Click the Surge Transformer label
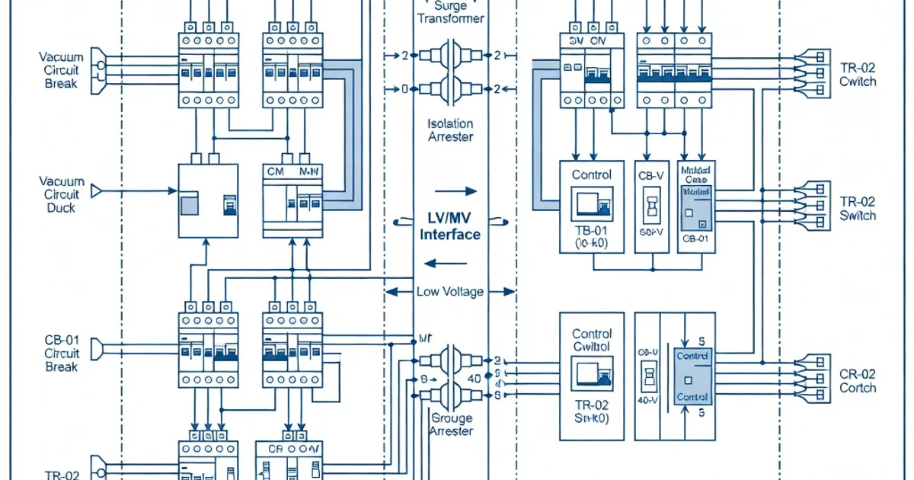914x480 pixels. tap(450, 12)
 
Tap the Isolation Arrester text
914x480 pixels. tap(450, 130)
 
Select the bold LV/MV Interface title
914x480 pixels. tap(450, 227)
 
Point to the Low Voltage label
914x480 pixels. tap(450, 292)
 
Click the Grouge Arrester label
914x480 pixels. tap(452, 424)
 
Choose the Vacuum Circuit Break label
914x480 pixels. tap(61, 71)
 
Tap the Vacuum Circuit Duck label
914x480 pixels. tap(61, 194)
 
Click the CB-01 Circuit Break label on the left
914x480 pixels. tap(61, 354)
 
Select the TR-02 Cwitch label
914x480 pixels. tap(858, 75)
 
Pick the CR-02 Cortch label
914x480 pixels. tap(858, 381)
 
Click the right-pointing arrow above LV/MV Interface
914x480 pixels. tap(455, 190)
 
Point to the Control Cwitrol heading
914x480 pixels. tap(592, 340)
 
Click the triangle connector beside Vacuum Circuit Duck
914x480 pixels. tap(97, 189)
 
